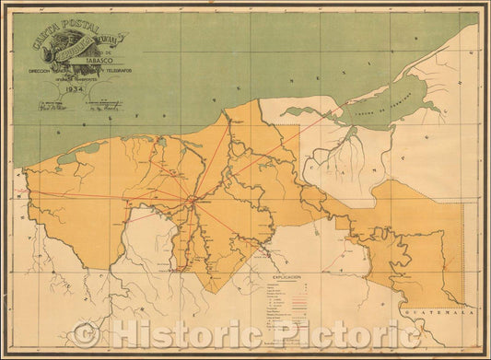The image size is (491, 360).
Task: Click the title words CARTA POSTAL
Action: pos(66,25)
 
